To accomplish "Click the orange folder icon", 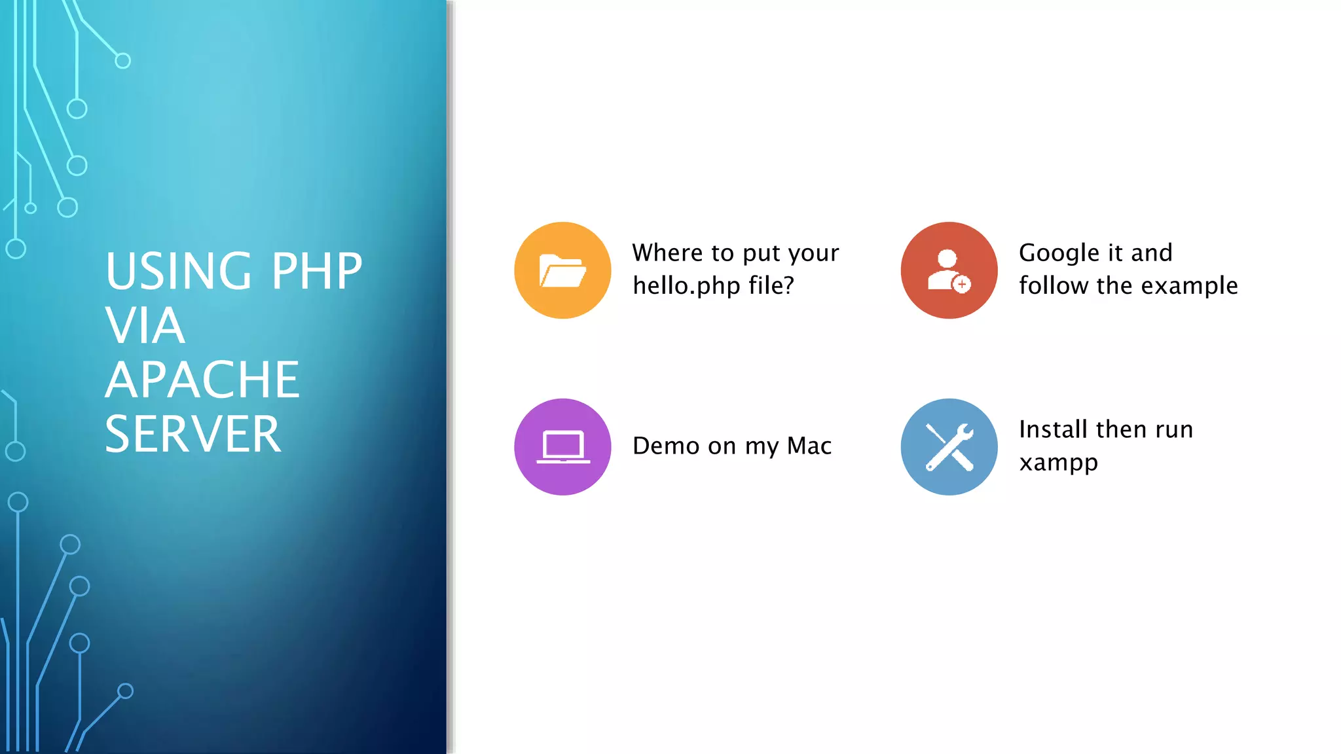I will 562,270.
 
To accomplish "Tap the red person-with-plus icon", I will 949,270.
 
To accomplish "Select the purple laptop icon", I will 562,447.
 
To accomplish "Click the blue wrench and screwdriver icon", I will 949,447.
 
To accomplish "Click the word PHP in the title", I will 317,271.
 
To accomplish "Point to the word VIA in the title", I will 145,325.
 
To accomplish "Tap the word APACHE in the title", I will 202,380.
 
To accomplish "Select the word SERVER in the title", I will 193,434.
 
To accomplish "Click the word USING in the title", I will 179,271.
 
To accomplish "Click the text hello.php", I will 686,286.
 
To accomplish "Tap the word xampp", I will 1058,463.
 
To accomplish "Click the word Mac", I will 809,446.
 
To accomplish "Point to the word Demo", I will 666,446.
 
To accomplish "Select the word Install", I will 1054,430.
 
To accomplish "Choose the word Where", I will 668,253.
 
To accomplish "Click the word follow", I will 1054,286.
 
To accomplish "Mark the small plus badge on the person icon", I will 962,285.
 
